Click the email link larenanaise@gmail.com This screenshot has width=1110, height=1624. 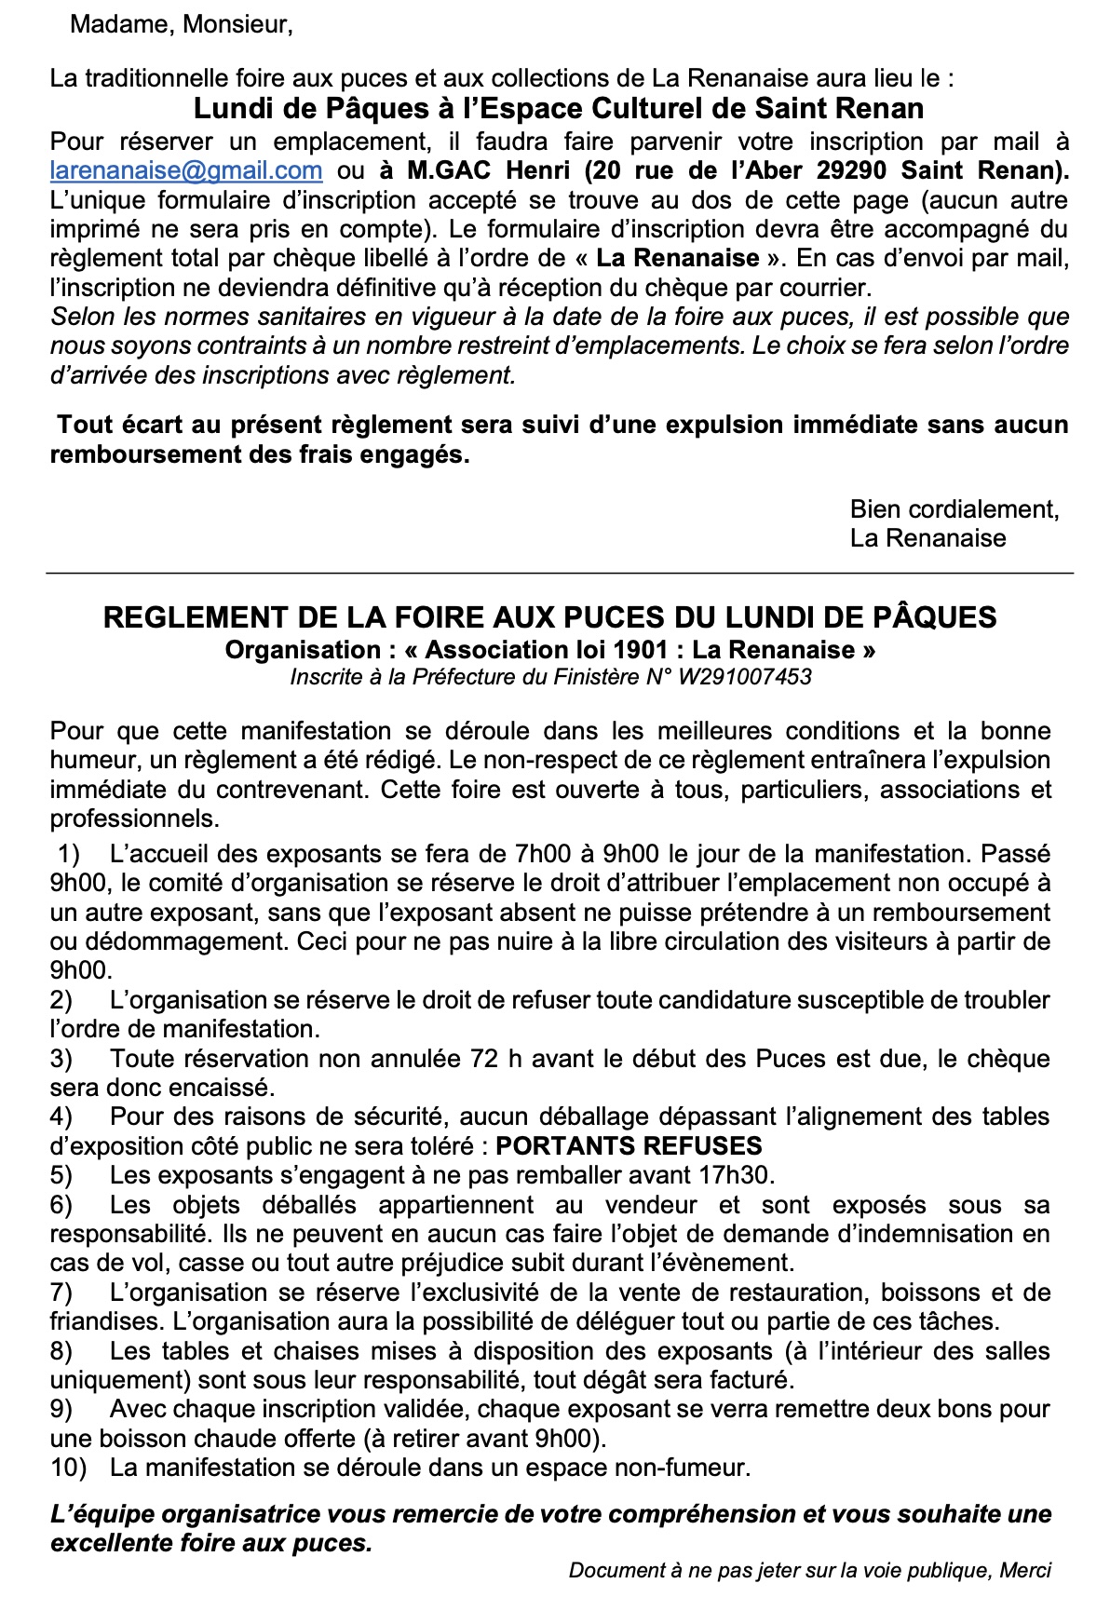[186, 170]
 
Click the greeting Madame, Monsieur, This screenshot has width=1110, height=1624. [182, 24]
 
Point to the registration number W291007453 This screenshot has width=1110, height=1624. [744, 677]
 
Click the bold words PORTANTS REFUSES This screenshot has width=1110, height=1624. [629, 1145]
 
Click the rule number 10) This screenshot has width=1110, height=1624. [68, 1468]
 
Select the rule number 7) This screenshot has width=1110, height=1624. [61, 1292]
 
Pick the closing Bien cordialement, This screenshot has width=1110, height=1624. [954, 509]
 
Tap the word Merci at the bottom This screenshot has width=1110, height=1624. [1025, 1570]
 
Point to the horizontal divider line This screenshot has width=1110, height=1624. [559, 573]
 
